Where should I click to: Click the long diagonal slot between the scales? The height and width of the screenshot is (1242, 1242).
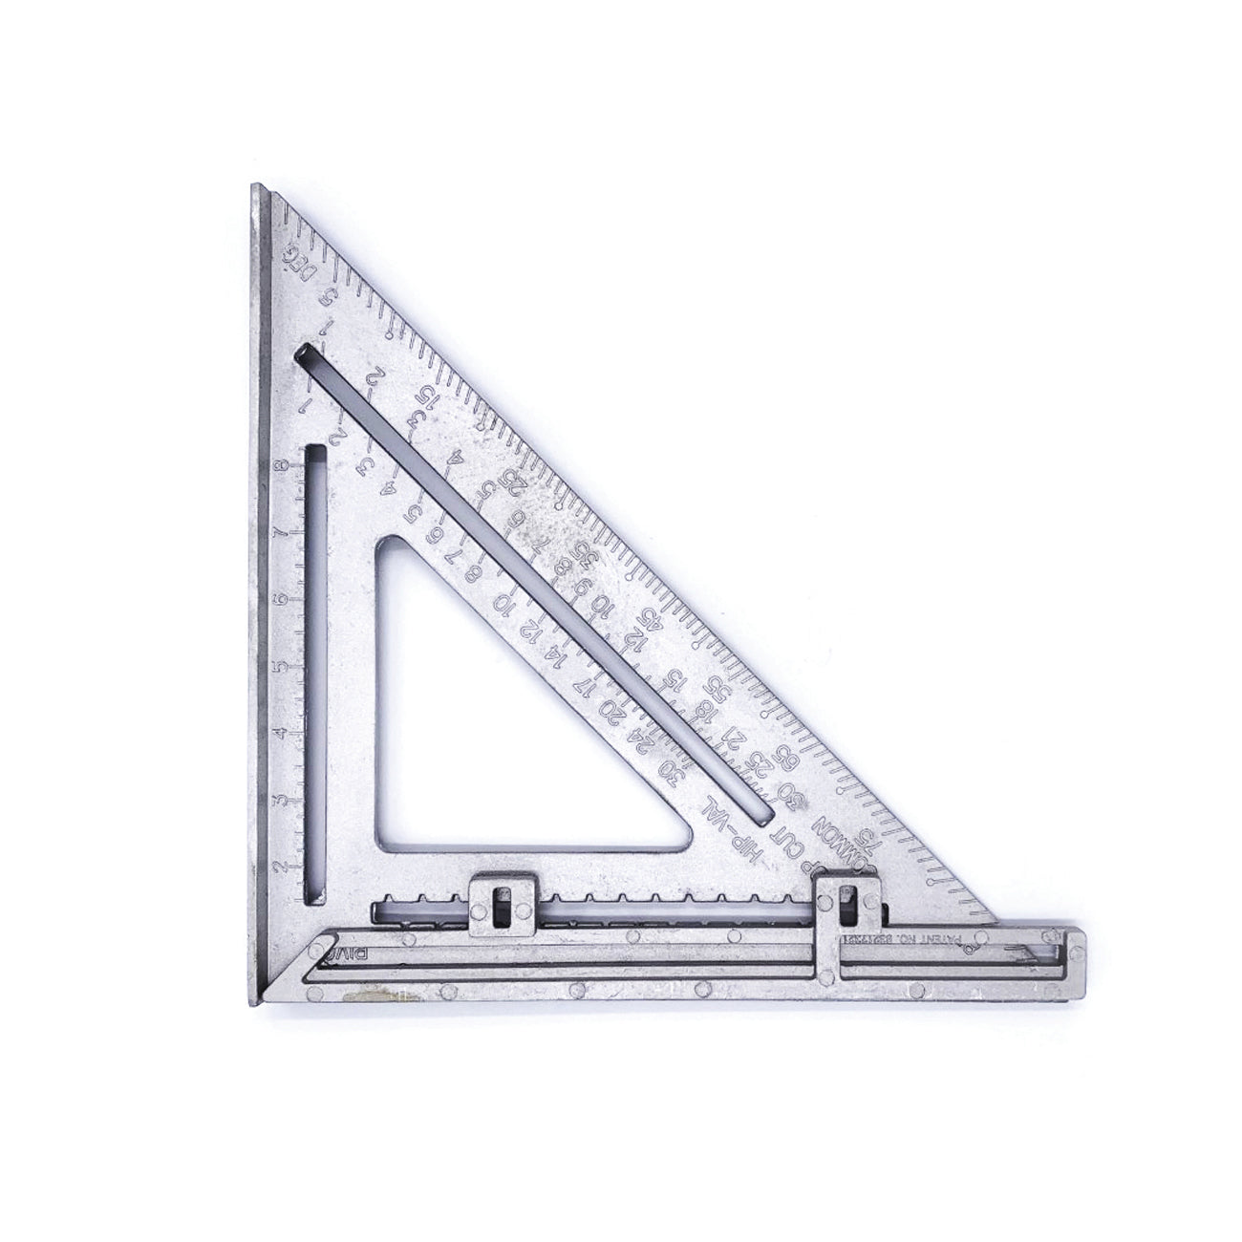[x=535, y=583]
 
